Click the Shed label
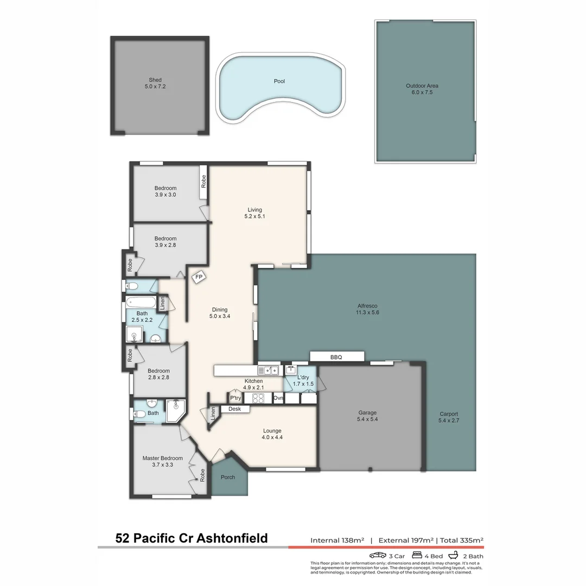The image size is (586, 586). point(155,80)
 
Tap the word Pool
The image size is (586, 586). point(279,81)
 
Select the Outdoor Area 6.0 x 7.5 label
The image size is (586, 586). point(422,89)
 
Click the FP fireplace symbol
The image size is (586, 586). point(199,276)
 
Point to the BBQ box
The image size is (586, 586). point(337,356)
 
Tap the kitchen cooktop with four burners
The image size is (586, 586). point(258,398)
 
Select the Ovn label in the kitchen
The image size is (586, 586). point(278,398)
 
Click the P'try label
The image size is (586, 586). point(235,397)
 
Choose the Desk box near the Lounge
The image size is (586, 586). point(234,409)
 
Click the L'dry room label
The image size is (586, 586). point(303,377)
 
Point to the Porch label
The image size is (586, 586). point(228,477)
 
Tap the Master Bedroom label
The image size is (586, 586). point(162,458)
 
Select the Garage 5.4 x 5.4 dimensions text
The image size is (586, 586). point(367,419)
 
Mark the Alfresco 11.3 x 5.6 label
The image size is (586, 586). point(367,309)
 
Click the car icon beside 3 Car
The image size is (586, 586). point(378,555)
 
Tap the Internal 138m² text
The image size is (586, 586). point(336,540)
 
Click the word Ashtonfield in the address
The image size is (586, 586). point(232,538)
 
